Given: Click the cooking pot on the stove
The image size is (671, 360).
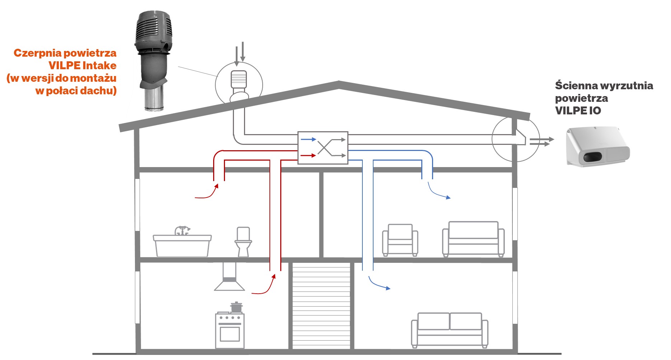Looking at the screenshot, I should [x=236, y=307].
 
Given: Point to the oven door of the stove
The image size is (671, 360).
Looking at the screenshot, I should [x=230, y=333].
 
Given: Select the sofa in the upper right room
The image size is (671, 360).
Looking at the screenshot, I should [x=473, y=239].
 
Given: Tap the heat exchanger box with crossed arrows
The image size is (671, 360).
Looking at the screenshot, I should [x=323, y=148].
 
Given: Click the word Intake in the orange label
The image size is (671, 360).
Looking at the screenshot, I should [x=99, y=66].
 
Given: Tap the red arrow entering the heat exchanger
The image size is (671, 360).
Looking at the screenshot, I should [x=308, y=156].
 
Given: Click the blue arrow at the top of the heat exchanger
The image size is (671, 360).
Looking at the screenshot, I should [x=308, y=139].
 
